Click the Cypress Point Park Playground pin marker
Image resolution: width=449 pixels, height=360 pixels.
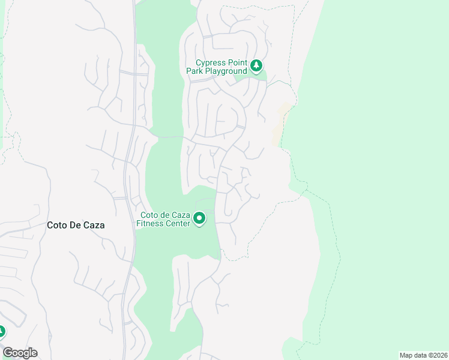coord(256,65)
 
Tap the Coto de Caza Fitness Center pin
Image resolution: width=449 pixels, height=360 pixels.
coord(200,218)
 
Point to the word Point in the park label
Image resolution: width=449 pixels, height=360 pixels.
coord(238,62)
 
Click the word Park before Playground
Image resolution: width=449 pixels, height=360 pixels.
coord(194,71)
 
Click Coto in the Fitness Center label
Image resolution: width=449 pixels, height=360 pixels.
coord(149,215)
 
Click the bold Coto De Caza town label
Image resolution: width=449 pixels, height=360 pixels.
coord(76,226)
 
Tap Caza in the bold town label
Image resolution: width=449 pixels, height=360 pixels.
coord(94,226)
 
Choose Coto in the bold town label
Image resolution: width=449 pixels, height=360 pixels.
coord(57,226)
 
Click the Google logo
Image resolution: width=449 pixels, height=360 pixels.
coord(20,353)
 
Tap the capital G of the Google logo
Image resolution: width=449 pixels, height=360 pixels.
coord(8,353)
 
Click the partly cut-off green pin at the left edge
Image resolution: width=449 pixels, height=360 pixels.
coord(2,331)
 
